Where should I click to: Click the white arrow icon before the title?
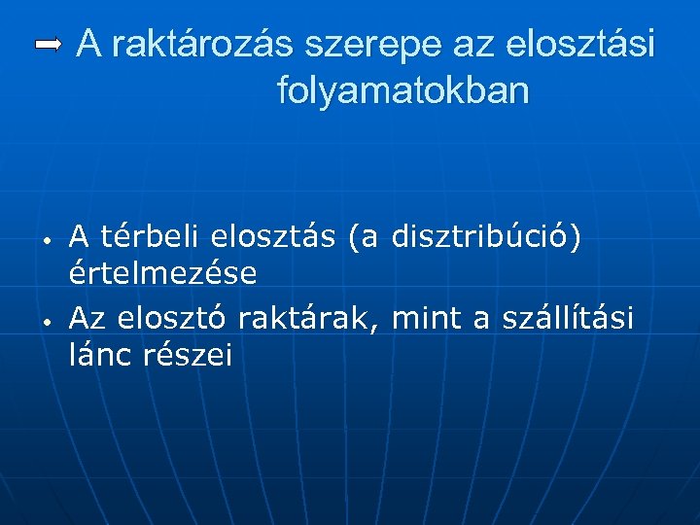(x=49, y=44)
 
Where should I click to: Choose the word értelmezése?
(x=163, y=274)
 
